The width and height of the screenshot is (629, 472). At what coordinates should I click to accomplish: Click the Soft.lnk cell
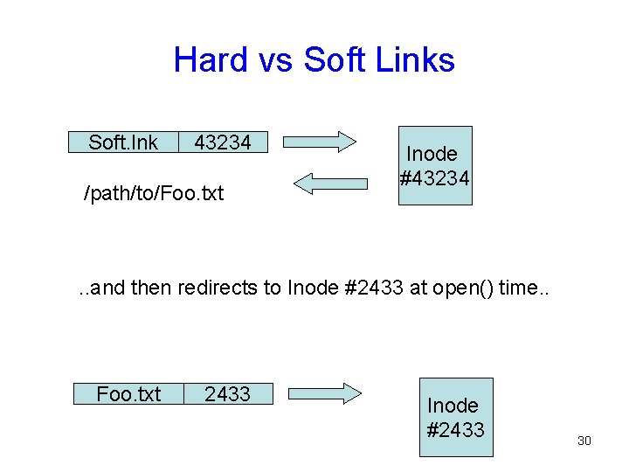click(x=123, y=142)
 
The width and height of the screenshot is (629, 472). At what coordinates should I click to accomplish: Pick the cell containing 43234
click(x=222, y=142)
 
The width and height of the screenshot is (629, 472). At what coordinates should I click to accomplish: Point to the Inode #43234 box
click(x=435, y=166)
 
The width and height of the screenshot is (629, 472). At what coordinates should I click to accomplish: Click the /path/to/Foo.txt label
click(x=153, y=192)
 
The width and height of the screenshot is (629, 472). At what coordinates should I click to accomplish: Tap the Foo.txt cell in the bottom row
click(x=128, y=394)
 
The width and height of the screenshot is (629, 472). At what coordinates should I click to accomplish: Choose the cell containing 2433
click(x=227, y=394)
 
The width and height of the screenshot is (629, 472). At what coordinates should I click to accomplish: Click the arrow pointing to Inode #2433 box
click(x=324, y=393)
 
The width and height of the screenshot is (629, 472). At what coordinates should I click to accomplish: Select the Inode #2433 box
click(x=455, y=417)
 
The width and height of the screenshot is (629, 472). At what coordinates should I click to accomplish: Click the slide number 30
click(x=584, y=441)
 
